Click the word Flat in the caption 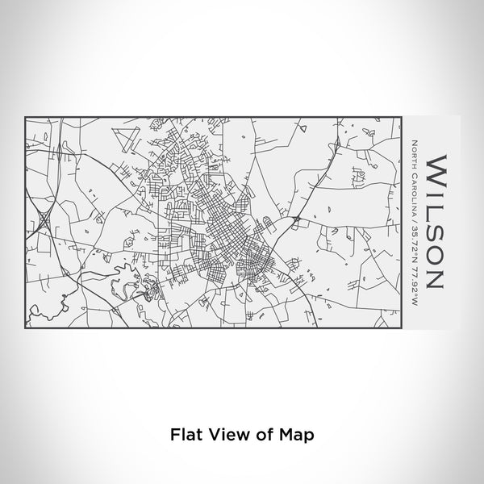pyautogui.click(x=183, y=434)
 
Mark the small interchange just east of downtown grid pyautogui.click(x=297, y=218)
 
